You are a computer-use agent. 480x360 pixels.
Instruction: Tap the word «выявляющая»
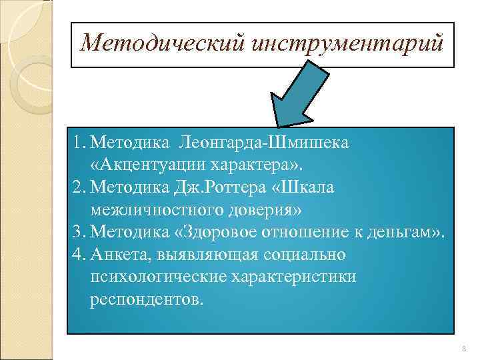(205, 255)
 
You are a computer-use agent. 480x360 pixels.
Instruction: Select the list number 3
(79, 232)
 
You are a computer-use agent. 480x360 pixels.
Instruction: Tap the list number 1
(79, 143)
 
